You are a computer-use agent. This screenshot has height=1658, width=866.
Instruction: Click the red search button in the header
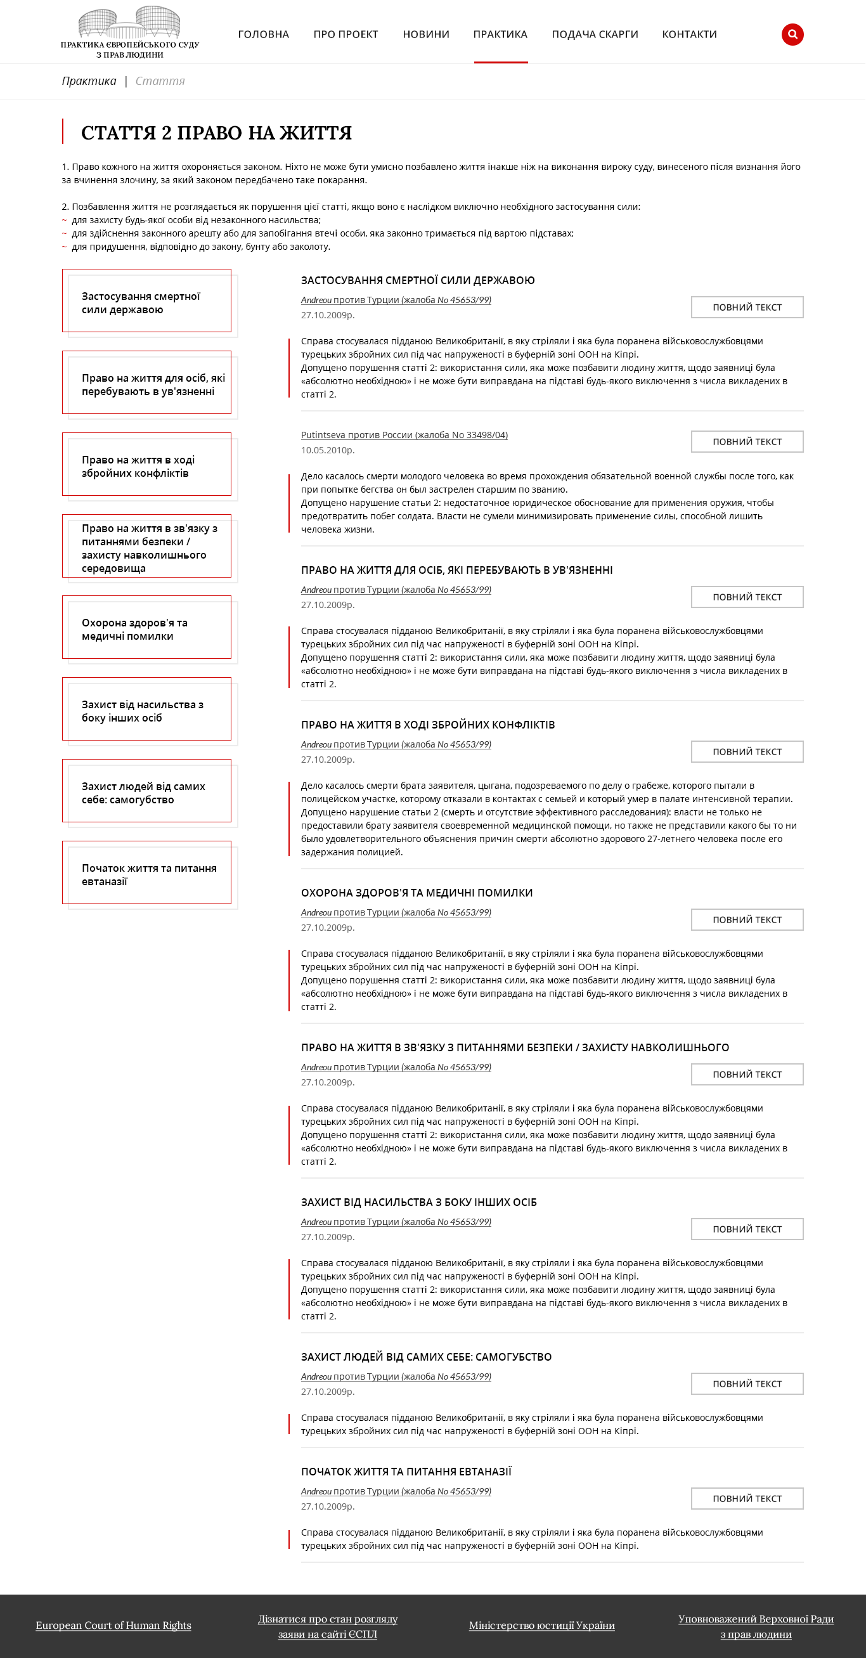click(x=792, y=34)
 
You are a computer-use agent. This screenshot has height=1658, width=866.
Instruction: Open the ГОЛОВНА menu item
click(x=263, y=34)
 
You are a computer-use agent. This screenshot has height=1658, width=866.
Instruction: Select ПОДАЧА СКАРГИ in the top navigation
click(x=595, y=34)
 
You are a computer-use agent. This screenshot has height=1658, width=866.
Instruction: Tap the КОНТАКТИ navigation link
click(x=689, y=34)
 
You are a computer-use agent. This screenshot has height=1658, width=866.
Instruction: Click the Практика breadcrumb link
click(x=89, y=81)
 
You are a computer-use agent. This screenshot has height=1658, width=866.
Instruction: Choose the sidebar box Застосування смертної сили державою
click(x=146, y=301)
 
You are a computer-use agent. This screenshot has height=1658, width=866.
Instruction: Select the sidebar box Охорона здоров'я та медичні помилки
click(x=146, y=628)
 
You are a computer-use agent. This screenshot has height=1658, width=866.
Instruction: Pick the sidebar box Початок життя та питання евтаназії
click(x=146, y=874)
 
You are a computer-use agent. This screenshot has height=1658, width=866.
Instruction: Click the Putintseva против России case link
click(x=404, y=435)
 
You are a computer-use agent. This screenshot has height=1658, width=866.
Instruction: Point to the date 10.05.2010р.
click(x=328, y=450)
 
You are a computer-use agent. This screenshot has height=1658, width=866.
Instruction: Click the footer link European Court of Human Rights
click(x=113, y=1625)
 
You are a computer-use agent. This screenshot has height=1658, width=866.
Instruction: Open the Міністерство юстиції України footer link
click(x=542, y=1625)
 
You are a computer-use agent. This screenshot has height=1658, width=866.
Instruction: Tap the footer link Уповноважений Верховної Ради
click(x=755, y=1619)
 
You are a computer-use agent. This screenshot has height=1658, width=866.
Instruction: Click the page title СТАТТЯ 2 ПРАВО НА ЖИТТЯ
click(x=216, y=133)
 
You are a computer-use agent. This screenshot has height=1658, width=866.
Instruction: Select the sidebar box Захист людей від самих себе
click(x=146, y=792)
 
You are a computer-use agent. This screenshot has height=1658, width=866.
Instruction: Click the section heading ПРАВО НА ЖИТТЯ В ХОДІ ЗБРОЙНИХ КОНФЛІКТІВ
click(x=428, y=725)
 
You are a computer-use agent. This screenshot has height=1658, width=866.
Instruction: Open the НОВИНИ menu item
click(x=426, y=34)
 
